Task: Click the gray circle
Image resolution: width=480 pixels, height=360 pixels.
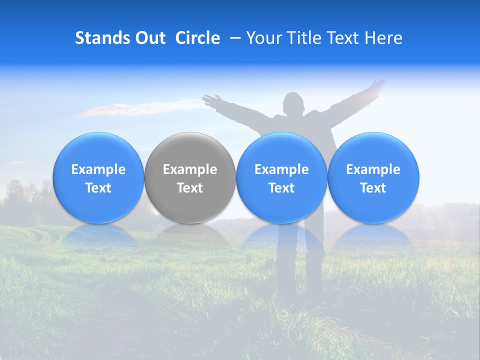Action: pos(190,177)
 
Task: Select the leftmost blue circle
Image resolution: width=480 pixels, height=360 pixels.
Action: pos(98,177)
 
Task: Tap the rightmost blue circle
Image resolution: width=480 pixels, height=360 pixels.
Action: pos(373,177)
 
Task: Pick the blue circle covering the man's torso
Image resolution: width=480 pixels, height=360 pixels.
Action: pos(281,177)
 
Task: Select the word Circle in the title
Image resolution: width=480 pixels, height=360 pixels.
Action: pos(197,38)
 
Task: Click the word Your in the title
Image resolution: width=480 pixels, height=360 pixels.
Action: pos(263,38)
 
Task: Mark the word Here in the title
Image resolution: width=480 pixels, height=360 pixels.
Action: pos(383,38)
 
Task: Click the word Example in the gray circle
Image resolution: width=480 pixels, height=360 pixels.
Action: pos(190,169)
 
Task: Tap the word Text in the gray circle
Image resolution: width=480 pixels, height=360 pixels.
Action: pos(190,188)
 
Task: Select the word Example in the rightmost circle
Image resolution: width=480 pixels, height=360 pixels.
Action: pos(373,169)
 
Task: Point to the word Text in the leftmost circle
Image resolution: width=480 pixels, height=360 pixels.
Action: pos(98,188)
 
